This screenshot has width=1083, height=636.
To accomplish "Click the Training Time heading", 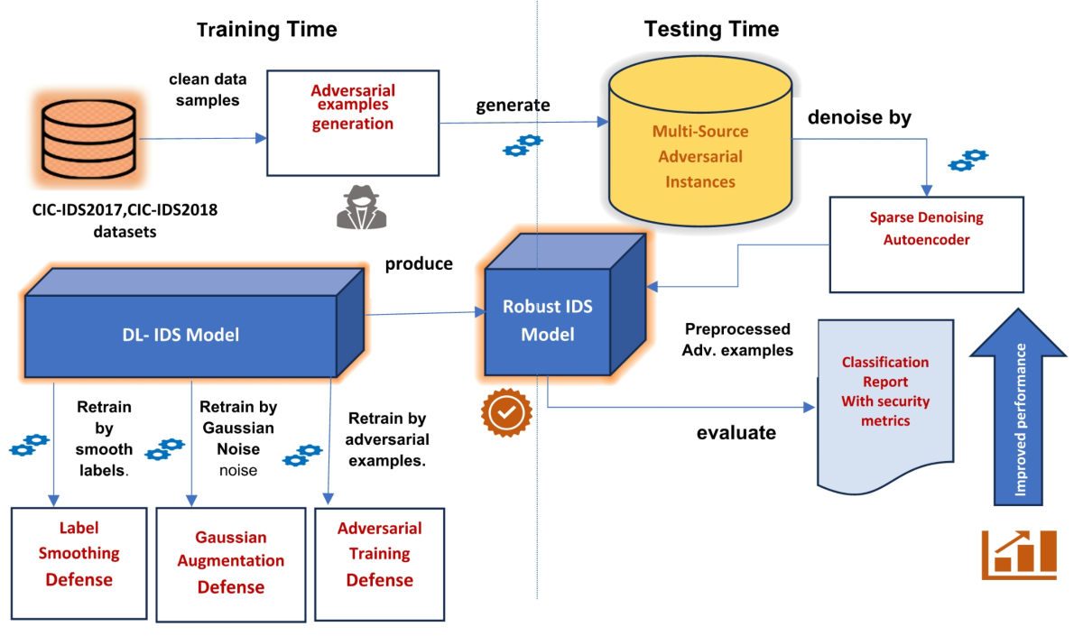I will (x=266, y=30).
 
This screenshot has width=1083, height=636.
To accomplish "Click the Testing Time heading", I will (x=711, y=30).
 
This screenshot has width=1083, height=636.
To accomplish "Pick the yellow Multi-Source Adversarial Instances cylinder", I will (x=699, y=144).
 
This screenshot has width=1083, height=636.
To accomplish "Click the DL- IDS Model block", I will (x=180, y=334).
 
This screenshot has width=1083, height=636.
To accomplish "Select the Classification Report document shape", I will (x=884, y=397).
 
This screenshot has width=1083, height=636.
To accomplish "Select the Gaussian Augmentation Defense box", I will (x=231, y=563).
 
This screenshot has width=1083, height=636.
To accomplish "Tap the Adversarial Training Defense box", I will (x=379, y=563).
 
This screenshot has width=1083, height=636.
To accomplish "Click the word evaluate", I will (x=736, y=433).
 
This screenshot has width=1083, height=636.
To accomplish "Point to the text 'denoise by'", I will (x=859, y=117).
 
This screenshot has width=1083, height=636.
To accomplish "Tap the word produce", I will (x=419, y=264).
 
